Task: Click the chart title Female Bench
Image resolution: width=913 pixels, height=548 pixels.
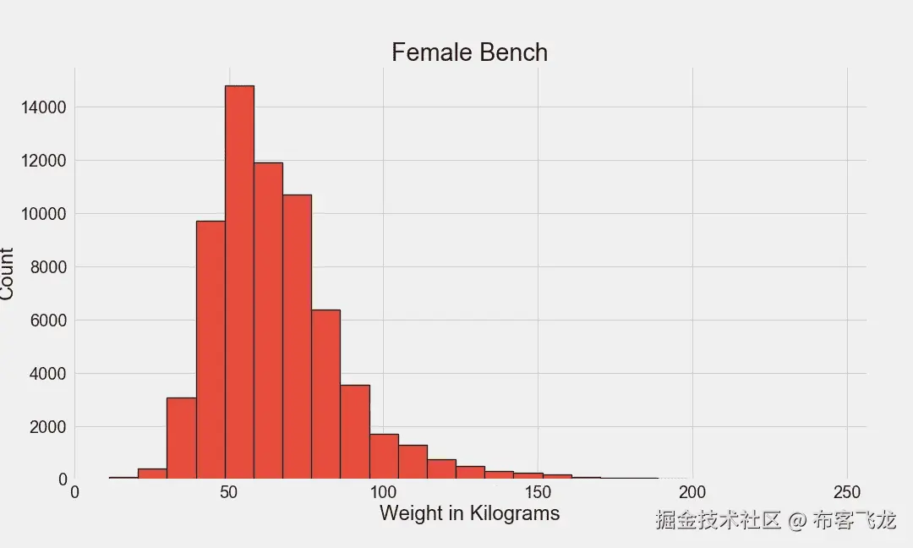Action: [x=469, y=52]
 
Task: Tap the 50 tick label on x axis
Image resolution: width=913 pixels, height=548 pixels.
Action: [x=229, y=493]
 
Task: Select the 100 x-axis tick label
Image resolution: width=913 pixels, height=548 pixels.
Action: [x=383, y=493]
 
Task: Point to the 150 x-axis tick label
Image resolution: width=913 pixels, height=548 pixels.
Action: [x=538, y=493]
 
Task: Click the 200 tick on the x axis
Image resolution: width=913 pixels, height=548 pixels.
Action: [x=692, y=493]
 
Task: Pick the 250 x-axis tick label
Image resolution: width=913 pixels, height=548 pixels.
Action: [x=847, y=493]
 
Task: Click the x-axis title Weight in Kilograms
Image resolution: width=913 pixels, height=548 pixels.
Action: [x=469, y=513]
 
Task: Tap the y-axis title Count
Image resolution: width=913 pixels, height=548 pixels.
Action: [x=8, y=273]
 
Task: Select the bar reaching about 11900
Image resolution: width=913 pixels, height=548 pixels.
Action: [x=268, y=321]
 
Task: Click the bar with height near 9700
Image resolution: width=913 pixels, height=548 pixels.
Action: [x=210, y=349]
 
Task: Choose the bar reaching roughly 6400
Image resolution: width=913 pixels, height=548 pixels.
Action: [x=325, y=394]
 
